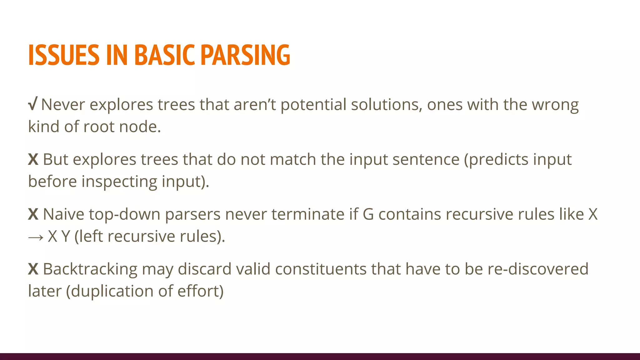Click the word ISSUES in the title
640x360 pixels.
click(x=64, y=55)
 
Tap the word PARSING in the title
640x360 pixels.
click(x=245, y=55)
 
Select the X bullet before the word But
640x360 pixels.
click(x=33, y=159)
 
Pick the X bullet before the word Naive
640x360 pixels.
click(x=33, y=214)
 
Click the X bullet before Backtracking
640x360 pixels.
click(x=33, y=269)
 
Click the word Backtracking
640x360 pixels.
click(x=90, y=269)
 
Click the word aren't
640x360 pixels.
click(x=255, y=105)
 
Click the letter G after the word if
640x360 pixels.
click(x=368, y=214)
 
